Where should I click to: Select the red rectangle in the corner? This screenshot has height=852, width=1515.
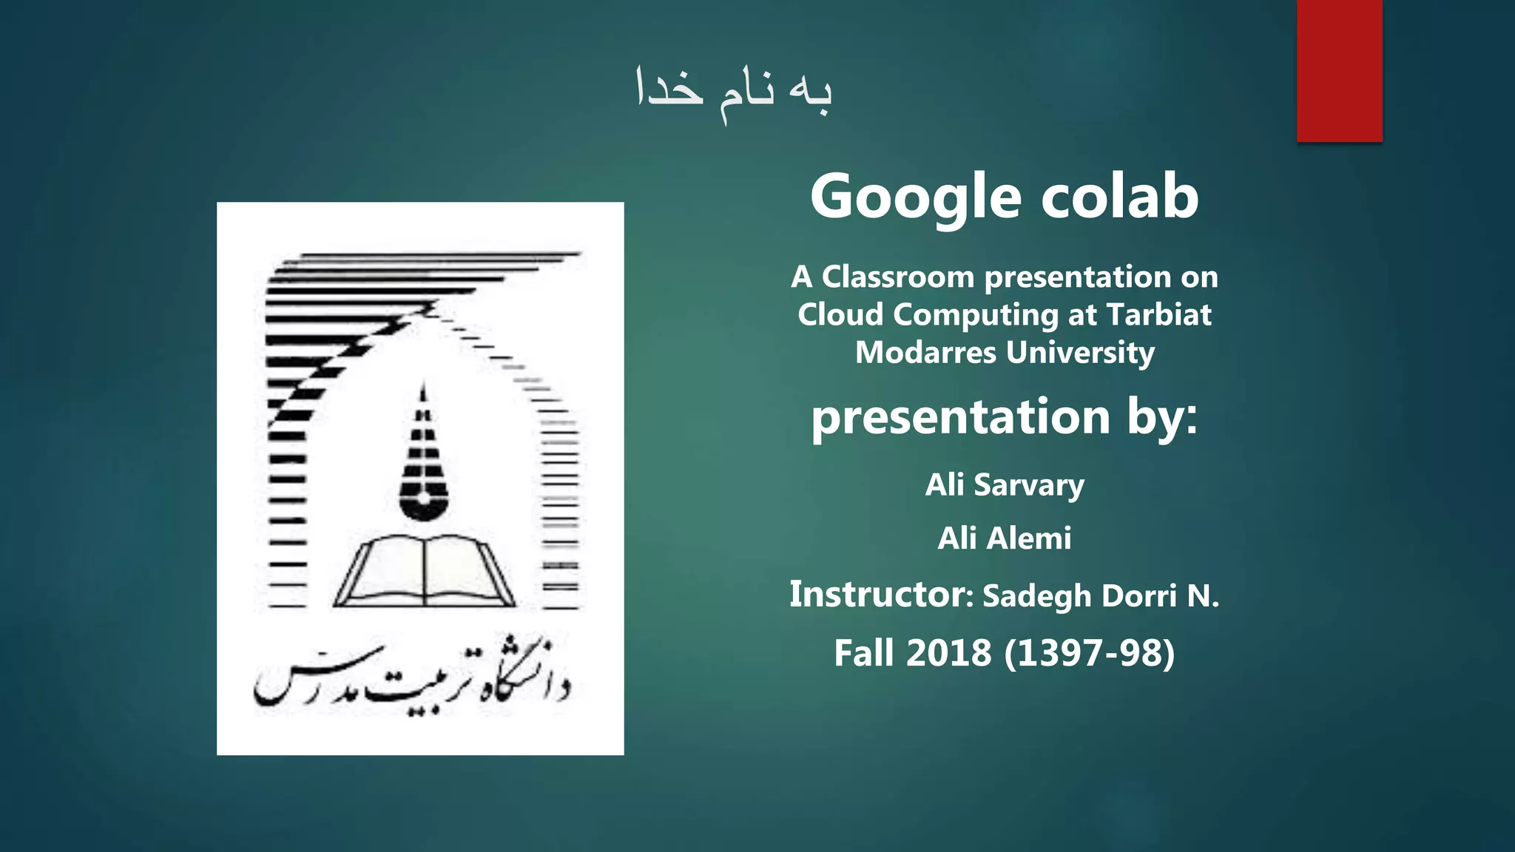coord(1339,71)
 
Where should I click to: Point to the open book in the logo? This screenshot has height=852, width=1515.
coord(425,571)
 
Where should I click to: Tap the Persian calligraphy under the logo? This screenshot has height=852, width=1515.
coord(411,677)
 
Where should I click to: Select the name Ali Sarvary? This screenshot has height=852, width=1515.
coord(1005,485)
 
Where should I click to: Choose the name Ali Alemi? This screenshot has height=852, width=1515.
coord(1005,538)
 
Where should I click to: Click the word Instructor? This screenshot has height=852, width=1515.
coord(877,595)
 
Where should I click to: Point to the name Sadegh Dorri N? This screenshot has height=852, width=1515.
coord(1101,596)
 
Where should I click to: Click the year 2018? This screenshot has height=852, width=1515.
coord(949,653)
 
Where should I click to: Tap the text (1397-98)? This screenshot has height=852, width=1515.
coord(1090,653)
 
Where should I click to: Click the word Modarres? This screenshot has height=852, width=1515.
coord(925,353)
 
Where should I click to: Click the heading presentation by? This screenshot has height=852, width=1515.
coord(1005,416)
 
